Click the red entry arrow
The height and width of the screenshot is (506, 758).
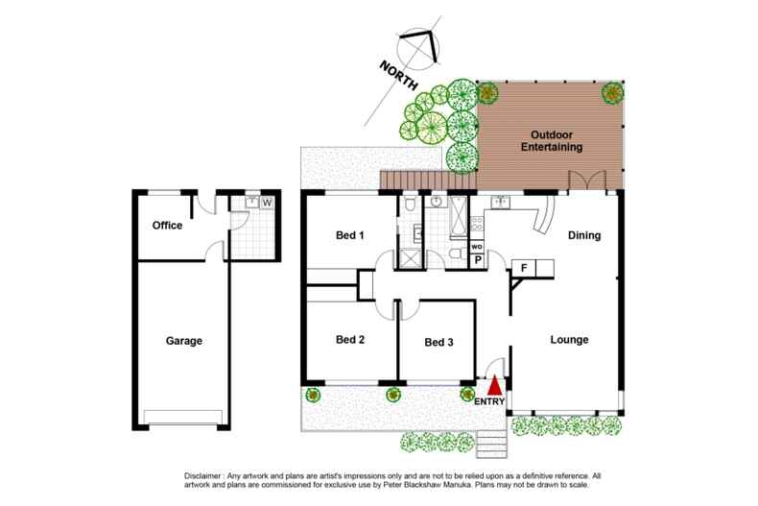coord(494,386)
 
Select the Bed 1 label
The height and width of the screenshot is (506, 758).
coord(349,235)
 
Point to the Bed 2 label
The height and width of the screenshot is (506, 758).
coord(350,339)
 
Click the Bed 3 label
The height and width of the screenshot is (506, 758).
coord(438,342)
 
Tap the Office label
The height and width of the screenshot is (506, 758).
coord(167,226)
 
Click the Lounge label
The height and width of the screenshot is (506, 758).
coord(569,340)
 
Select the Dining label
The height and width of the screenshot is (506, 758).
coord(583,235)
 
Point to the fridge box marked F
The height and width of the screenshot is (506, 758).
coord(525,267)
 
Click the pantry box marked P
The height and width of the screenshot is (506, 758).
coord(477,259)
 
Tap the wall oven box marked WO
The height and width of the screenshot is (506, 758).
coord(477,247)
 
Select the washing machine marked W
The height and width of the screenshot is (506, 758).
coord(267,203)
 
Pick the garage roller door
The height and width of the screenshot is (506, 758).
coord(183,415)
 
